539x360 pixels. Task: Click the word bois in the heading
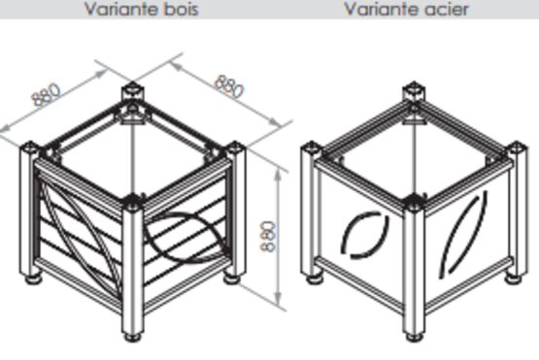click(181, 9)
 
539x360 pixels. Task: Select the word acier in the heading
click(446, 9)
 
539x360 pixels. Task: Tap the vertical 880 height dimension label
click(268, 237)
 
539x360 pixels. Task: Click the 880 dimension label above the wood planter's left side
click(46, 94)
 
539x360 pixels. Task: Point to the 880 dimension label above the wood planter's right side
click(229, 86)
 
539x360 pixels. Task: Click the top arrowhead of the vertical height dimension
click(279, 175)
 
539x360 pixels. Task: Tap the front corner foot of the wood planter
click(133, 337)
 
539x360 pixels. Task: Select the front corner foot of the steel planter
click(414, 337)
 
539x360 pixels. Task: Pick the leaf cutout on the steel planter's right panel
click(464, 234)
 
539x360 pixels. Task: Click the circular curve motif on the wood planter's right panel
click(185, 237)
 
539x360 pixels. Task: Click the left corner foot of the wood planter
click(33, 278)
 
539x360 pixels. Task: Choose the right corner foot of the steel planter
click(514, 278)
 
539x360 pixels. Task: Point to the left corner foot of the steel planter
click(315, 278)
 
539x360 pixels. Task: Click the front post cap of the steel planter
click(414, 202)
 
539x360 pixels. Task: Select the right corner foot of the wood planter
click(232, 278)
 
